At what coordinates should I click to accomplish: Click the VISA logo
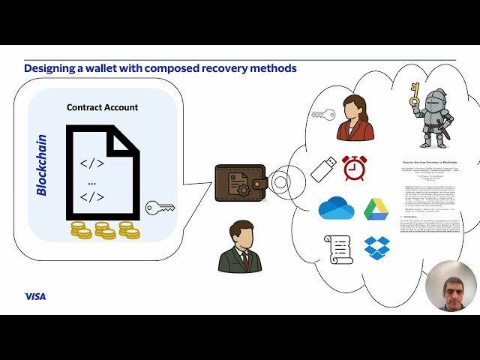[x=34, y=296]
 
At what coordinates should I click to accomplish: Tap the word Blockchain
[x=42, y=165]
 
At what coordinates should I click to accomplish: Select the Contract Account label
[x=102, y=107]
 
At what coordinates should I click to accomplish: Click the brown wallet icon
[x=240, y=182]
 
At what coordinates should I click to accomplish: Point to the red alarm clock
[x=354, y=168]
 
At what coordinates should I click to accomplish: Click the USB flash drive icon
[x=323, y=168]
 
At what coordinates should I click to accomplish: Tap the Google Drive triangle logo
[x=376, y=208]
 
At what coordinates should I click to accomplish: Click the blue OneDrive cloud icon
[x=335, y=208]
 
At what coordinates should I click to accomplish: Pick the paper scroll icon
[x=337, y=248]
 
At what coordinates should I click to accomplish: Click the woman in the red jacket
[x=355, y=118]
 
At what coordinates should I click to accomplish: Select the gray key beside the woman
[x=323, y=115]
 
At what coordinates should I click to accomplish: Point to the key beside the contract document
[x=160, y=207]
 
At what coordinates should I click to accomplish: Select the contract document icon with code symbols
[x=101, y=172]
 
